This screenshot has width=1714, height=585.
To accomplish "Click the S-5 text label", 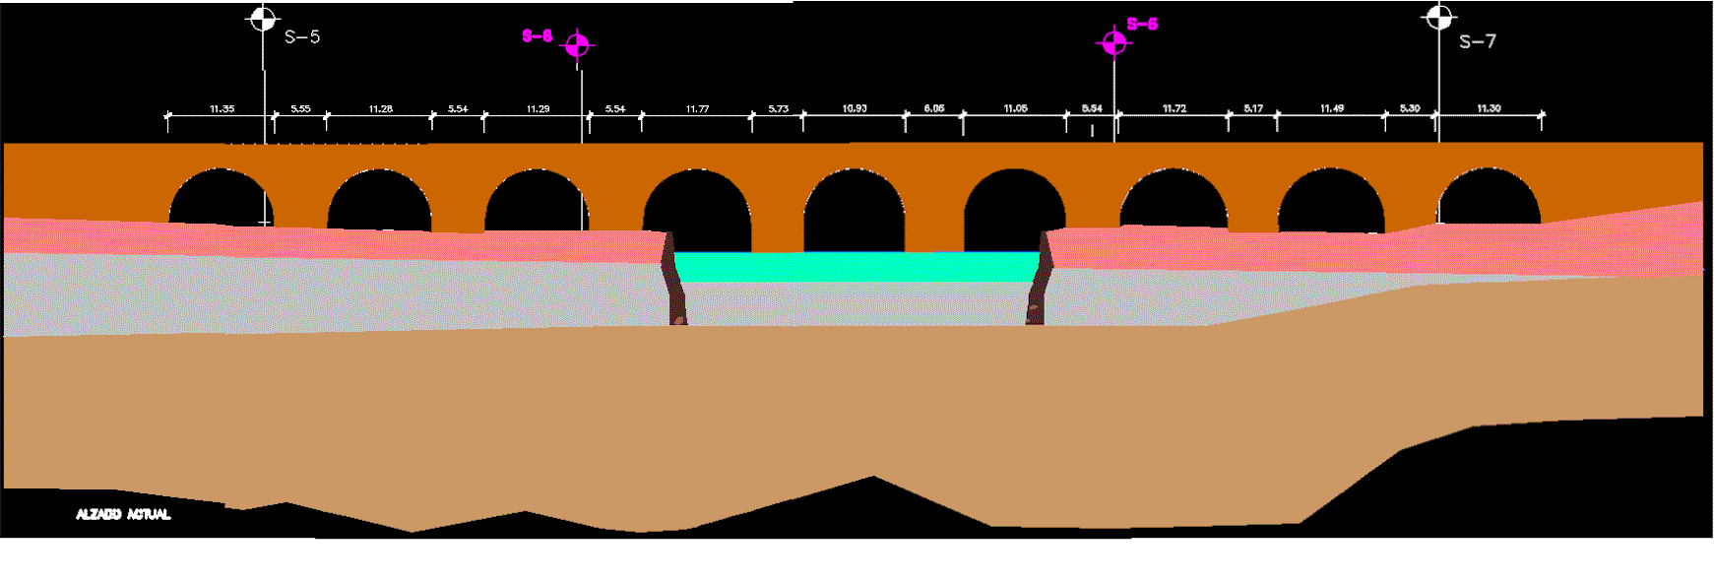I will (302, 37).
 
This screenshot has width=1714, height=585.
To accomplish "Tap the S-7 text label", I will (1477, 41).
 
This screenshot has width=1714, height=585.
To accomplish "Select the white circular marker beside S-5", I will (262, 18).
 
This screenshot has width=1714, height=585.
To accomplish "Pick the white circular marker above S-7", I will (1438, 17).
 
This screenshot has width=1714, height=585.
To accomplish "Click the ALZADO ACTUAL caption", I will (123, 514).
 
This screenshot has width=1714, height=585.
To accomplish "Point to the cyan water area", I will (857, 266).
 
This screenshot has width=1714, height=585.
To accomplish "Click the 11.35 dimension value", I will (222, 108).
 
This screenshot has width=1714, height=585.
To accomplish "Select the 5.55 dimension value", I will (300, 108).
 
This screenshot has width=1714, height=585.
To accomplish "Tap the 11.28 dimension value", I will (380, 108).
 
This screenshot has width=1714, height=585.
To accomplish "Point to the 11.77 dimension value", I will (697, 108).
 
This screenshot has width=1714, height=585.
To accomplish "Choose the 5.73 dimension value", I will (778, 108).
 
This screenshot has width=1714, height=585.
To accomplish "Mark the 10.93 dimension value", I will (855, 108).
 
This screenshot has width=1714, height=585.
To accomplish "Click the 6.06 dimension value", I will (933, 108).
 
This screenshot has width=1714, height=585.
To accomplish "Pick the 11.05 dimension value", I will (1015, 108).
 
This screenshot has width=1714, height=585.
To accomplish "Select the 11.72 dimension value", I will (1174, 108).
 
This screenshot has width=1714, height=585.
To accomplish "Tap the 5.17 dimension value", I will (1252, 108).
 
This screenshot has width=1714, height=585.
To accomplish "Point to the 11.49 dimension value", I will (1331, 108).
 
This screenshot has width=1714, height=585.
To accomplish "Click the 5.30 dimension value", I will (1410, 108).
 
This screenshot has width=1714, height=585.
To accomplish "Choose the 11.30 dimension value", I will (1489, 108).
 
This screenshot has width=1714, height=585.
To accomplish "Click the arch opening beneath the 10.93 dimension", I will (855, 212).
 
